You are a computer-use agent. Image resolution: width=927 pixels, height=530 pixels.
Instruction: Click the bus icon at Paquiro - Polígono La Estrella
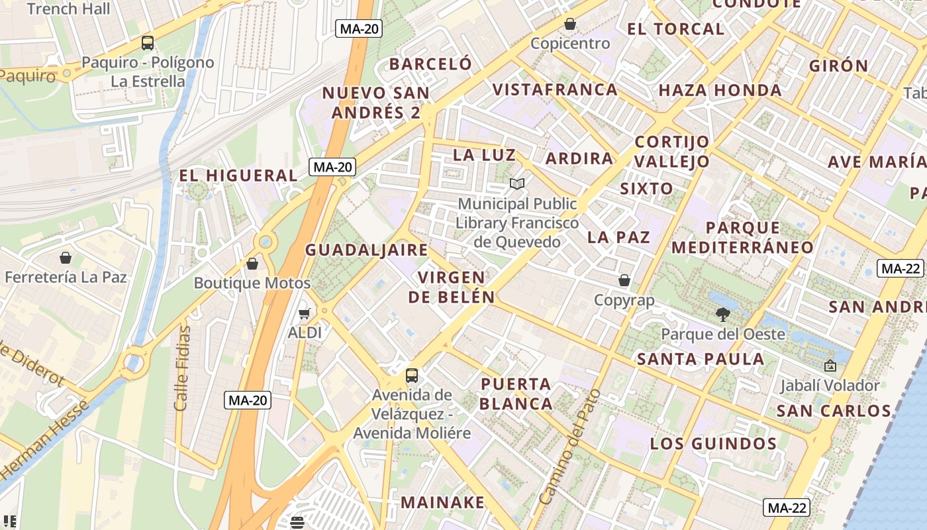[148, 43]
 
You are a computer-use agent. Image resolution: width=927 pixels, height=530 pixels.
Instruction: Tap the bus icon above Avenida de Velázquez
[412, 375]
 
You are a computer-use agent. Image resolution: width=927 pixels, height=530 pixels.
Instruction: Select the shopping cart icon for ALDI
[305, 313]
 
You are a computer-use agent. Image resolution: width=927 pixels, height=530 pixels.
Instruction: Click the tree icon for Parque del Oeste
[722, 315]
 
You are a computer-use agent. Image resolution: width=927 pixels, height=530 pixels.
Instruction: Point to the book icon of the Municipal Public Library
[517, 184]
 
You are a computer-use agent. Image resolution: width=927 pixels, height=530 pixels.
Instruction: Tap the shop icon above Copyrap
[624, 280]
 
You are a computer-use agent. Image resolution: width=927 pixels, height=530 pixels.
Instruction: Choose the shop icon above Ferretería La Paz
[66, 257]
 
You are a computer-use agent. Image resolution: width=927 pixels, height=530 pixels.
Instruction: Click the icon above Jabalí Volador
[830, 365]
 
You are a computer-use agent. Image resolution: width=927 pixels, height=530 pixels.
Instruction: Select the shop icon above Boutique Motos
[252, 264]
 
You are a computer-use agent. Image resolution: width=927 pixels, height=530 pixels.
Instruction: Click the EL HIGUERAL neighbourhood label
[239, 176]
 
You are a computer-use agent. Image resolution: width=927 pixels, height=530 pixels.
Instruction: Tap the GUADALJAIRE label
[366, 250]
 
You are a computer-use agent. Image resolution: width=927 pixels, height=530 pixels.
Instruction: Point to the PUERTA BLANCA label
[516, 394]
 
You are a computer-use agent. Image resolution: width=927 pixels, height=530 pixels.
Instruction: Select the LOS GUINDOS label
[713, 443]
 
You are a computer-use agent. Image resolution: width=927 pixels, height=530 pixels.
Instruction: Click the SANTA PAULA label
[700, 359]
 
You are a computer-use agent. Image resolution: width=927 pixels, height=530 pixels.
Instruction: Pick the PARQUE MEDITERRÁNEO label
[742, 237]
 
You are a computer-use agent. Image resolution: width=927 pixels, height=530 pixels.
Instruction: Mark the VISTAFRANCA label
[555, 89]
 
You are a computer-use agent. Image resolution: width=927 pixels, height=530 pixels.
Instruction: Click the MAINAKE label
[442, 502]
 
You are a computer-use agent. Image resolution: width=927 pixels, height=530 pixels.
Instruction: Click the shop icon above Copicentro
[570, 25]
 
